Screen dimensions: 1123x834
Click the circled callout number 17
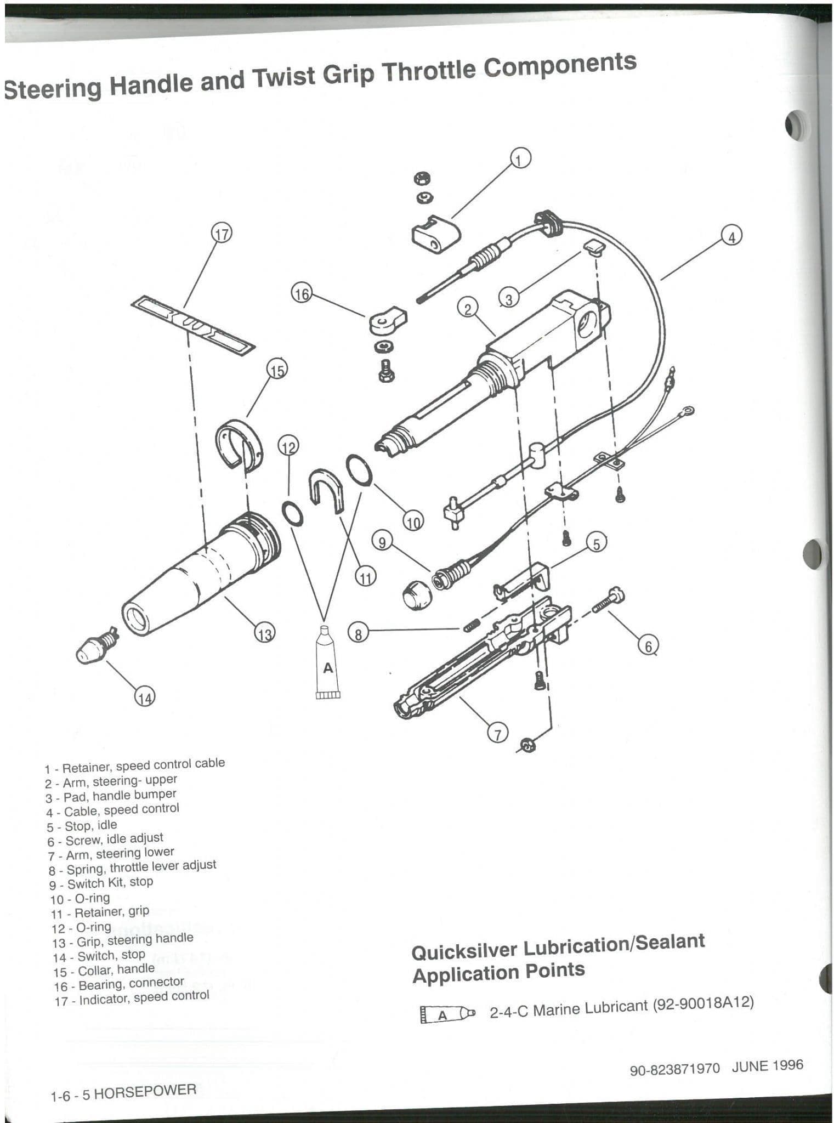click(222, 233)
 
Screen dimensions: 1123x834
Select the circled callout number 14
click(144, 697)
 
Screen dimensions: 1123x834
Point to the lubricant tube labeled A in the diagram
click(328, 663)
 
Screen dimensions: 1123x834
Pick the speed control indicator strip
click(193, 324)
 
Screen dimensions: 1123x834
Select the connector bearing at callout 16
click(387, 321)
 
